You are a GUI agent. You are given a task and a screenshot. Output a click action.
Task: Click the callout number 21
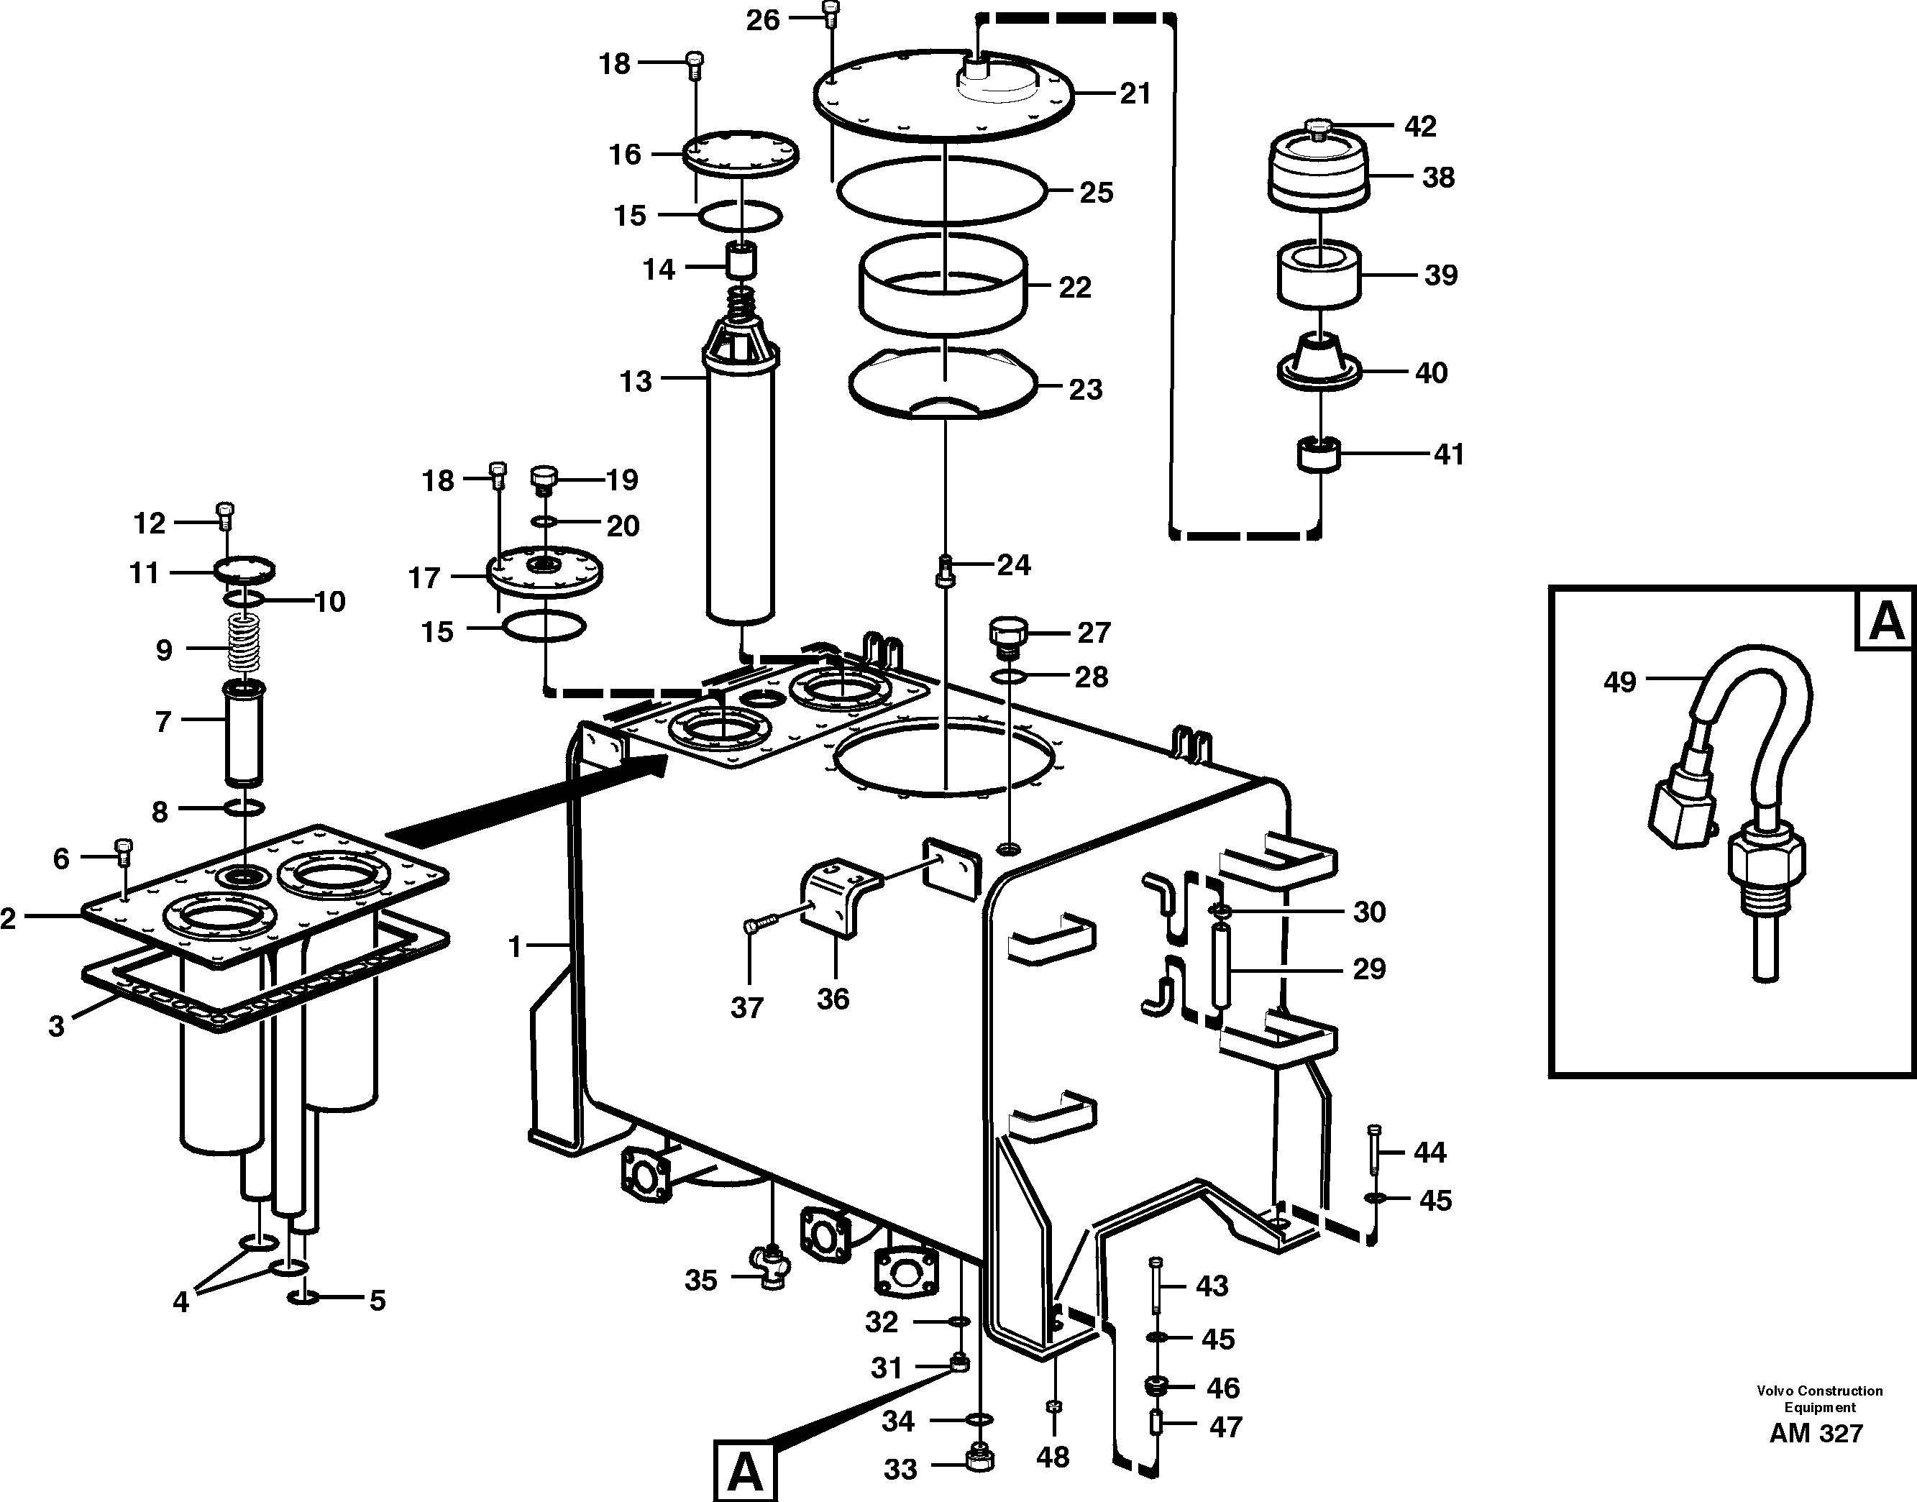pos(1135,93)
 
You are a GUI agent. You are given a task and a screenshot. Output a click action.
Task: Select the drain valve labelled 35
pos(772,1267)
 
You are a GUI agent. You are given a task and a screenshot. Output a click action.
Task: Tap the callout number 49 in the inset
pos(1620,682)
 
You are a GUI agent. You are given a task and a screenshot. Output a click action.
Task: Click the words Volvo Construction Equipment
pos(1819,1398)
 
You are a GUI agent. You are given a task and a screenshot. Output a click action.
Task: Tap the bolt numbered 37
pos(762,924)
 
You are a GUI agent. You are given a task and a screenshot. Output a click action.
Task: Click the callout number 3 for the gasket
pos(56,1025)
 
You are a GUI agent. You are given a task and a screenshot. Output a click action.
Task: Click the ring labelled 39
pos(1319,275)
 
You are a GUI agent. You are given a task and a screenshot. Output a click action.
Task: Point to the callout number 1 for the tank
pos(516,947)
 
